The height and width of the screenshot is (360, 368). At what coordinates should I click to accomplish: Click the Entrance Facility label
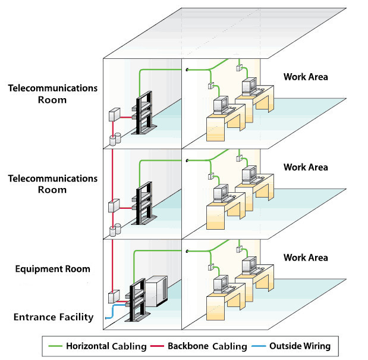tap(54, 317)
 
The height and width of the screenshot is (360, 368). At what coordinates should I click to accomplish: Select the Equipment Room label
tap(53, 269)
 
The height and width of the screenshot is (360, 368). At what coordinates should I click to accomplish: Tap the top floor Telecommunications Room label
tap(52, 94)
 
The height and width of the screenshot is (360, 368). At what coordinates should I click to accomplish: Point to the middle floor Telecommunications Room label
tap(52, 184)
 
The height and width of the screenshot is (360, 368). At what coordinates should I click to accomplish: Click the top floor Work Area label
tap(306, 77)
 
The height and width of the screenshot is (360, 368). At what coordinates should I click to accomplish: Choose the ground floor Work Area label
tap(306, 258)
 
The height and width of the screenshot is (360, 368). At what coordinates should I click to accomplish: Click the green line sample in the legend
tap(55, 346)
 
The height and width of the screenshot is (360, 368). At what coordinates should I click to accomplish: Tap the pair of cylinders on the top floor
tap(115, 139)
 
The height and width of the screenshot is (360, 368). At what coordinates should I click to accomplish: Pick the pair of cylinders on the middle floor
tap(115, 228)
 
